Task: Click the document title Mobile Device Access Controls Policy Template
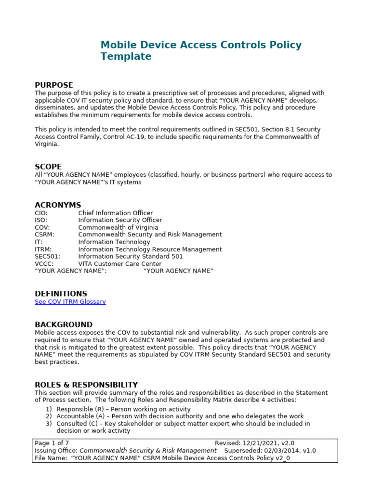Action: (201, 51)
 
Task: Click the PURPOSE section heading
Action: (53, 85)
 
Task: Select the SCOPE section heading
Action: (48, 167)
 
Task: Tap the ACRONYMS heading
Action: (58, 205)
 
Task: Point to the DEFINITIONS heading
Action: (61, 294)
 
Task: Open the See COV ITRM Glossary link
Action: (70, 302)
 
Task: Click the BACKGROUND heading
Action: (64, 324)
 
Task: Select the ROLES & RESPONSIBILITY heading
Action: (86, 385)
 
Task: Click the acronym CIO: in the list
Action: (41, 213)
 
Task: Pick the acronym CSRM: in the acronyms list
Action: (43, 234)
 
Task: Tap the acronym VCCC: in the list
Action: (44, 264)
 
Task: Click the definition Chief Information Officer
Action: (115, 213)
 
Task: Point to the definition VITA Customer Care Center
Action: (119, 264)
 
